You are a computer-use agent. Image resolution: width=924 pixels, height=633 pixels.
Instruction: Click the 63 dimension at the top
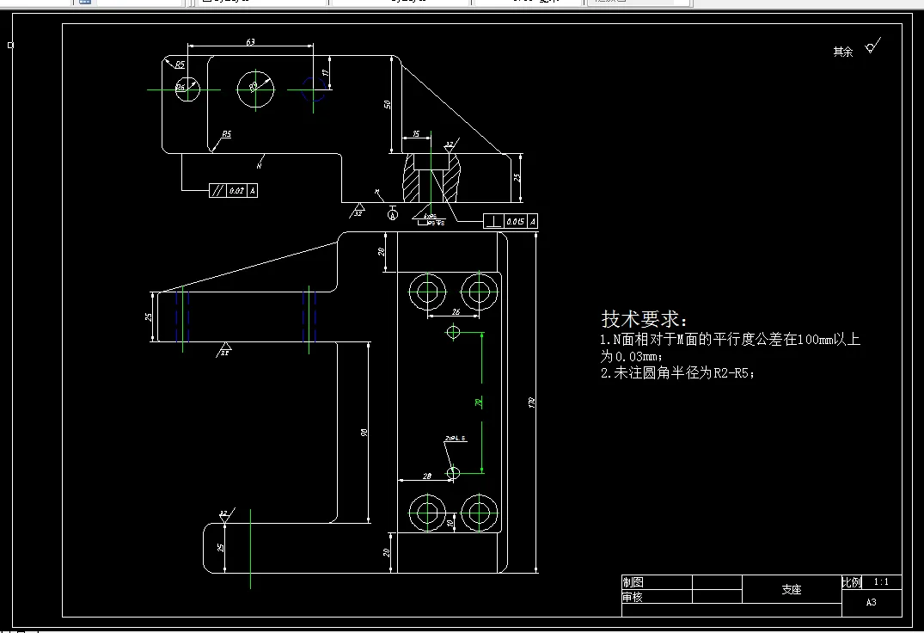tap(250, 41)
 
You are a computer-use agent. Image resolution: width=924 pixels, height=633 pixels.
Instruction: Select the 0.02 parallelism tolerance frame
tap(233, 190)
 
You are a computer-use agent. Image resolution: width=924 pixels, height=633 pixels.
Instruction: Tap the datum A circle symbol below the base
tap(394, 214)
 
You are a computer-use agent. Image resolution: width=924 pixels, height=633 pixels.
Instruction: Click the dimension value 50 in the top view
tap(388, 104)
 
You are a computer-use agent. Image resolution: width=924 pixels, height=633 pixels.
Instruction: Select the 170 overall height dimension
tap(533, 403)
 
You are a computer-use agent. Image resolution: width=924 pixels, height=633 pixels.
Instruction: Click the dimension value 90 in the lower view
tap(365, 432)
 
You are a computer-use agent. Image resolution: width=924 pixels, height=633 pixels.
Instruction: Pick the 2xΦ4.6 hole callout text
tap(455, 439)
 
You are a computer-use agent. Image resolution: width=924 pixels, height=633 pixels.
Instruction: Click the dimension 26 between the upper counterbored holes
tap(455, 311)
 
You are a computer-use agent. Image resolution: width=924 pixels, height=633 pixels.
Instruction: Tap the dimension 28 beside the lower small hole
tap(426, 476)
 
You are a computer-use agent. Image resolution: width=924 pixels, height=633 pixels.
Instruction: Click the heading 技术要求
tap(645, 319)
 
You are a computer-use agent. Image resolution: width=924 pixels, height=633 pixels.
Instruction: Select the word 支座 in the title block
tap(791, 590)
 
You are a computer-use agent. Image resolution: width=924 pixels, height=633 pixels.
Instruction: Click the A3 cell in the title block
tap(872, 603)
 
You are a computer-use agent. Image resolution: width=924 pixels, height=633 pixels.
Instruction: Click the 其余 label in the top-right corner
tap(842, 52)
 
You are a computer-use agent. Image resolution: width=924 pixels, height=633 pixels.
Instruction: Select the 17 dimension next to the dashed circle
tap(327, 73)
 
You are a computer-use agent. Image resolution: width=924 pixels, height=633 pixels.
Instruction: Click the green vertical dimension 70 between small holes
tap(480, 402)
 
